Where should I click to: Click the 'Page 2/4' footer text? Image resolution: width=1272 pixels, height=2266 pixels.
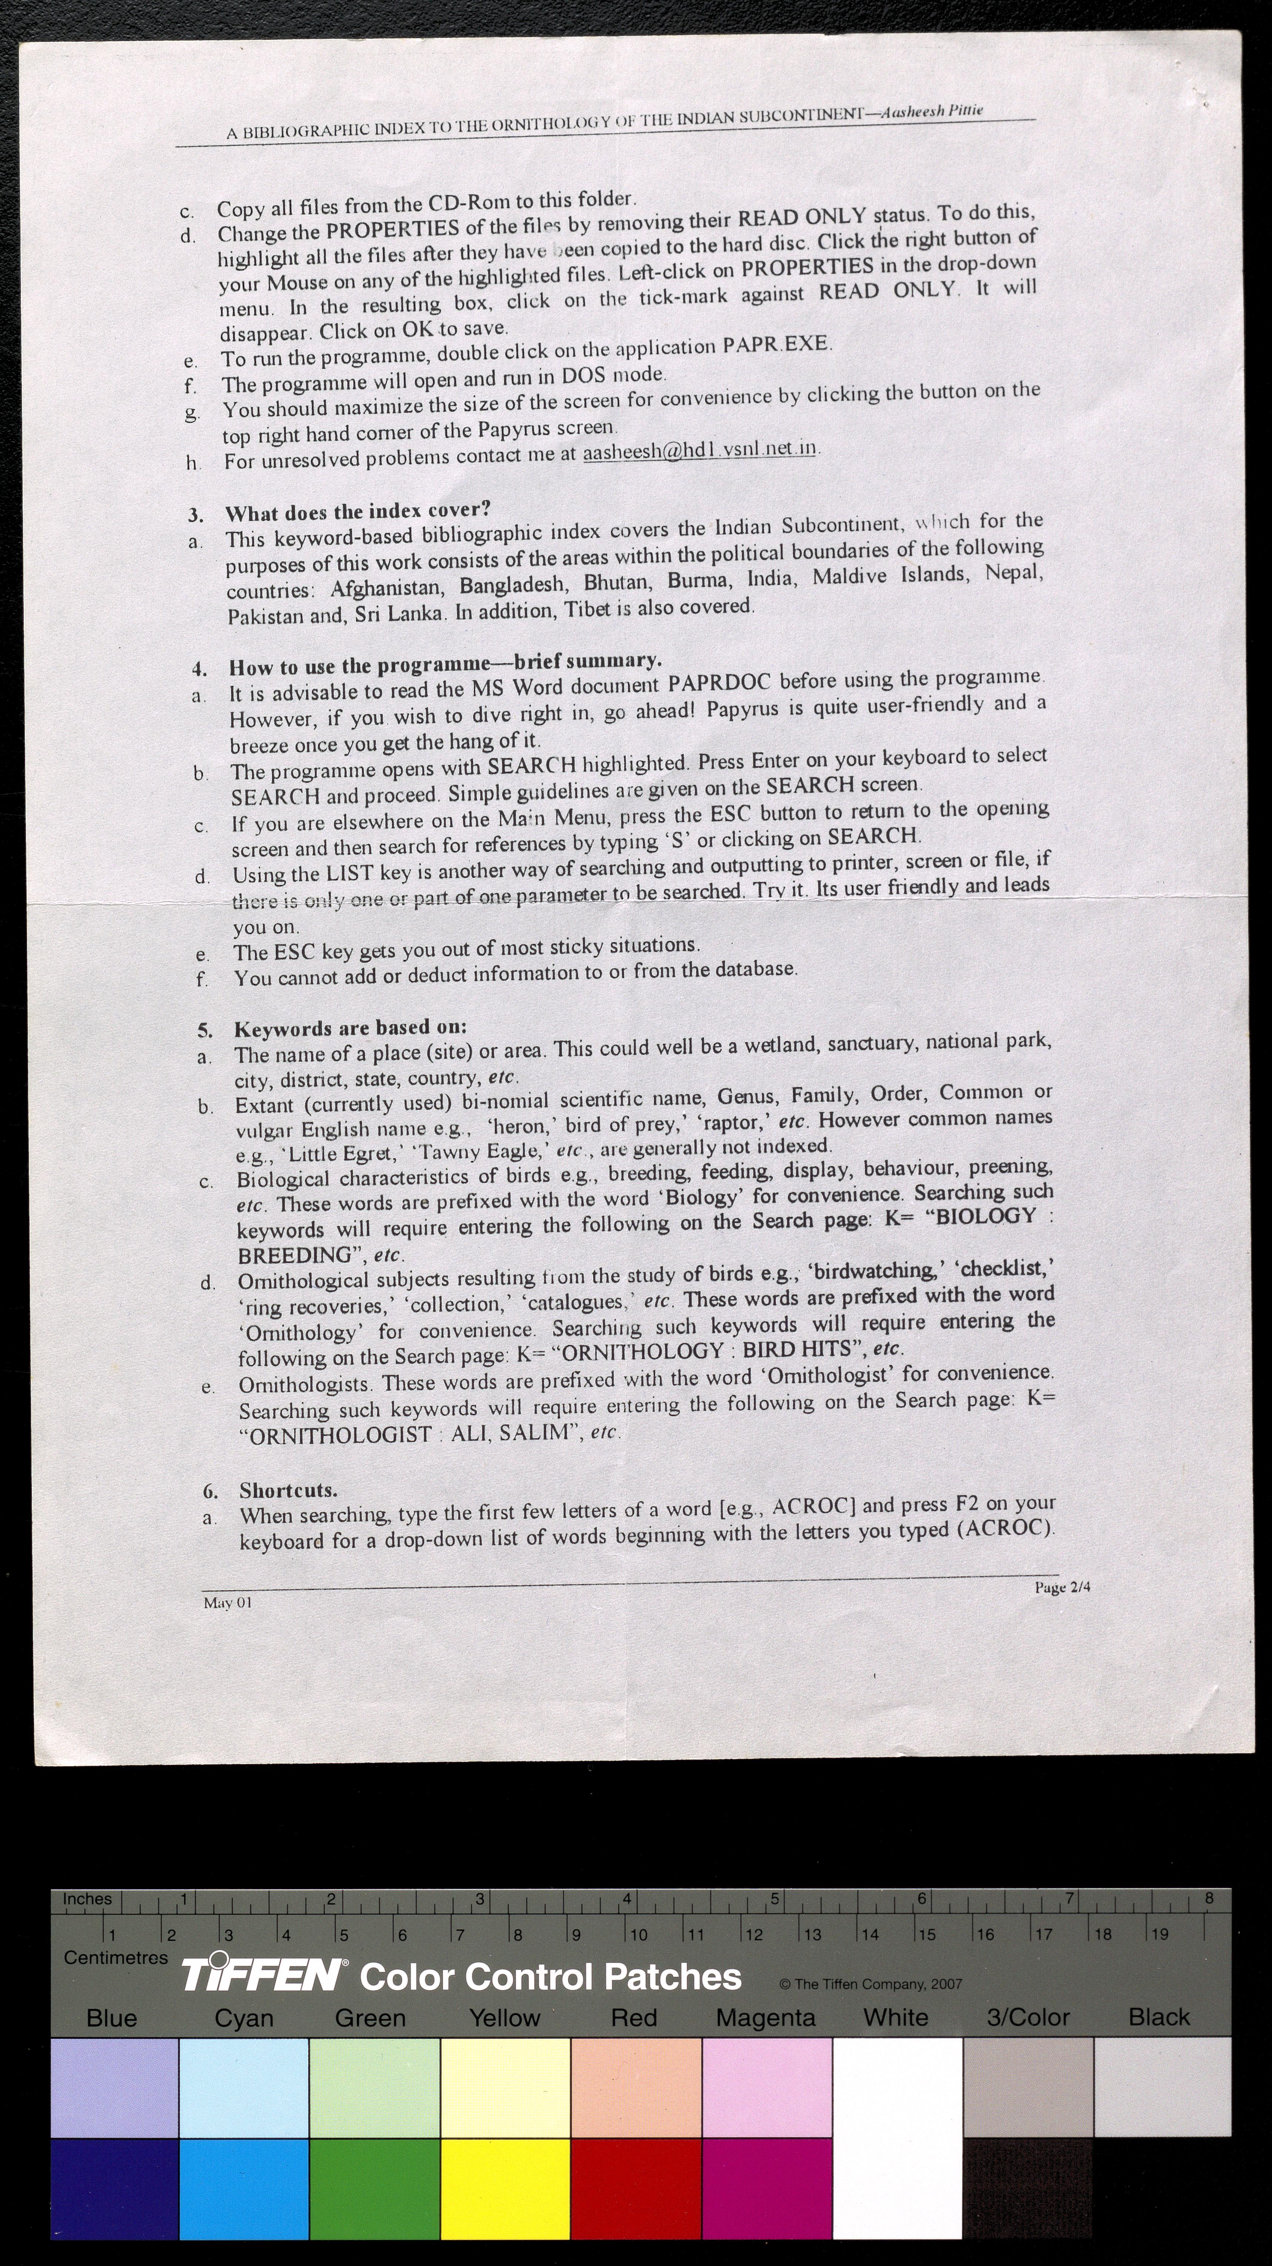pyautogui.click(x=1062, y=1587)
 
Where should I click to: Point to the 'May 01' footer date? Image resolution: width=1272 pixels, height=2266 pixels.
pyautogui.click(x=227, y=1603)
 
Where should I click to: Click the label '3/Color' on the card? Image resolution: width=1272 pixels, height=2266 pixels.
pyautogui.click(x=1027, y=2017)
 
